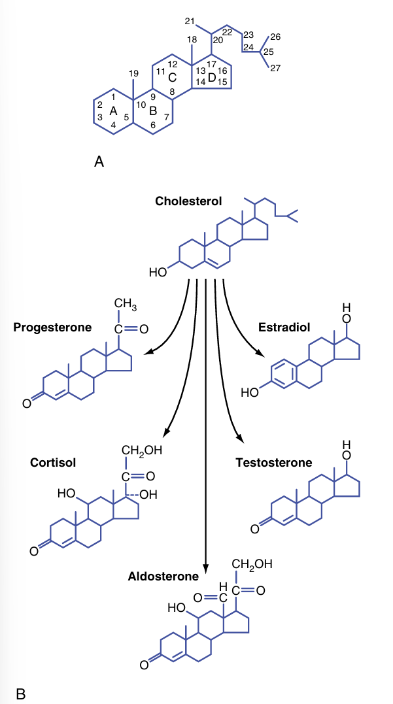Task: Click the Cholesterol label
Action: tap(188, 201)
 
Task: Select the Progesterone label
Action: tap(53, 327)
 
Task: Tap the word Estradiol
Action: tap(284, 327)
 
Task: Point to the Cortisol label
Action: tap(53, 463)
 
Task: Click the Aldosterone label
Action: tap(163, 577)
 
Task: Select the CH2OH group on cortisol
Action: tap(141, 450)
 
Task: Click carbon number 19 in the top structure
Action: tap(133, 73)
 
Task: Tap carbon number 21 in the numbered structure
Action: tap(190, 22)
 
